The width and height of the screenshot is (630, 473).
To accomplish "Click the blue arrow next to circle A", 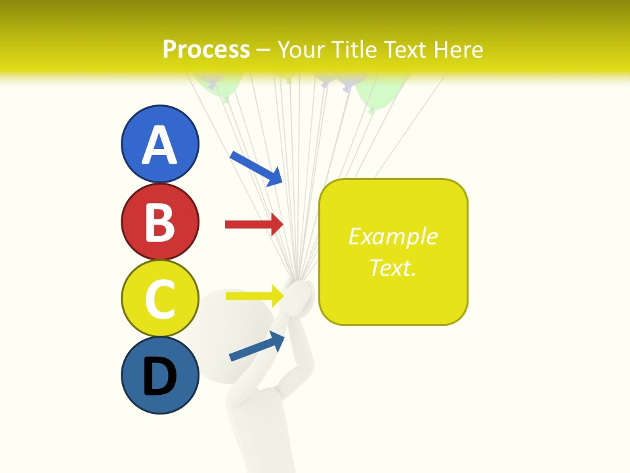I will (x=256, y=168).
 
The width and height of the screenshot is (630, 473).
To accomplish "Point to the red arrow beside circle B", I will (x=254, y=225).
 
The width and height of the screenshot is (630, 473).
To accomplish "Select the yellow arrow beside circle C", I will (x=254, y=296).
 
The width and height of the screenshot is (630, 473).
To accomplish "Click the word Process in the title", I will (x=206, y=49).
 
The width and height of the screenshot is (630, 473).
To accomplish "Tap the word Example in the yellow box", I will (x=392, y=236).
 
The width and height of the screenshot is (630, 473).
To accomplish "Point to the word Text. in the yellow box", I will (x=392, y=267).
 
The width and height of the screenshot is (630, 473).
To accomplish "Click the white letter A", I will (x=159, y=145).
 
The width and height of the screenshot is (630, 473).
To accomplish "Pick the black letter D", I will (x=159, y=376).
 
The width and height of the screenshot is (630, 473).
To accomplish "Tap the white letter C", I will (x=159, y=300).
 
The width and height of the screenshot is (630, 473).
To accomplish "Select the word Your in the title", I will (x=301, y=49).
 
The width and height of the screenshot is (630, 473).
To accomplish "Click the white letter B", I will (x=159, y=223).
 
